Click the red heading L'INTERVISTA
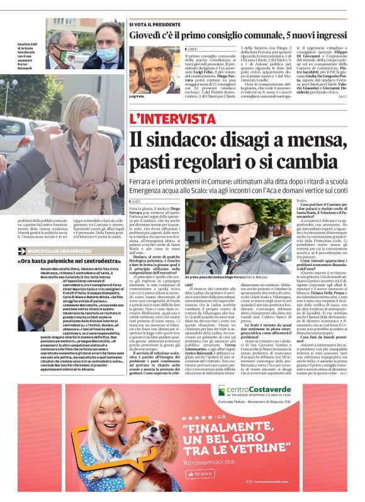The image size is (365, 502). pyautogui.click(x=172, y=118)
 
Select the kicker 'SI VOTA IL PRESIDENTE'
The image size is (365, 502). pyautogui.click(x=151, y=25)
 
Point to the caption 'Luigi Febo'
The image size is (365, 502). pyautogui.click(x=137, y=97)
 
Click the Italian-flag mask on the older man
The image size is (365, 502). pyautogui.click(x=68, y=58)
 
